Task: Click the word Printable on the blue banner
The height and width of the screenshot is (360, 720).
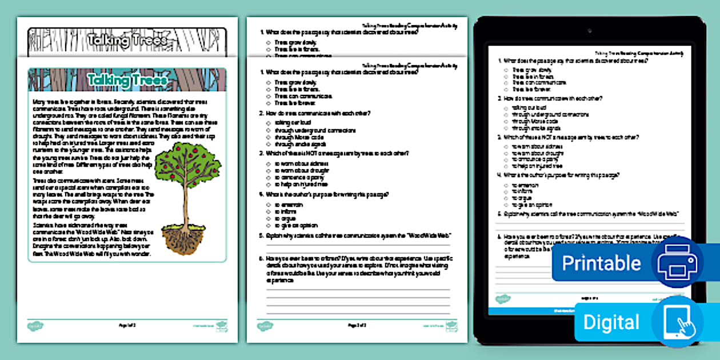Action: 601,263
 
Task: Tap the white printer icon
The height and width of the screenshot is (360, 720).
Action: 677,263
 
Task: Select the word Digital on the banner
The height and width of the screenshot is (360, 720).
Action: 611,322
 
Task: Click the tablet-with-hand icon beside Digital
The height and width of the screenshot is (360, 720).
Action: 677,322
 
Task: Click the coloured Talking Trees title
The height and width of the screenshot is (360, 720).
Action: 127,79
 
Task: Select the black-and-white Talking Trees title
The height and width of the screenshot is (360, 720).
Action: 127,40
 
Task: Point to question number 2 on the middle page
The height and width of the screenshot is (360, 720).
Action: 262,114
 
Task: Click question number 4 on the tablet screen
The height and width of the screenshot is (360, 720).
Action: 499,175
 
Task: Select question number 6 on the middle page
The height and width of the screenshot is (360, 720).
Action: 262,259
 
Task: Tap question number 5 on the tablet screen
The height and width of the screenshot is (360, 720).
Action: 499,213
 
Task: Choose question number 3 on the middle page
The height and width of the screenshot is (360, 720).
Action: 262,153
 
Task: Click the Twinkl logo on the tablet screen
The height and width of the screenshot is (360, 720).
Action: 502,298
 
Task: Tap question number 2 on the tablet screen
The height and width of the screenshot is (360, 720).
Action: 499,98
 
